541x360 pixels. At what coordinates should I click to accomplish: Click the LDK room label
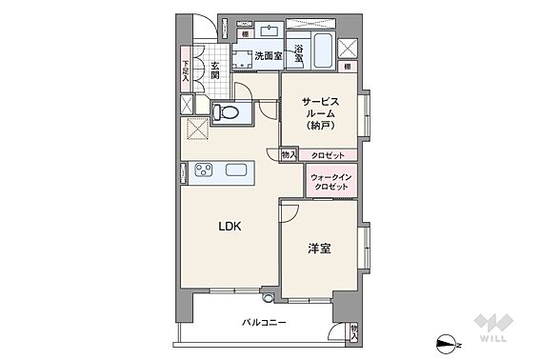(230, 226)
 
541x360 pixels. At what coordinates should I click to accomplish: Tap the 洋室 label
(319, 249)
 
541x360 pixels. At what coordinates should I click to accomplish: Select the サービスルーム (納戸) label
(321, 113)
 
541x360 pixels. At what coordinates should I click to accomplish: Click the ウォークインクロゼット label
(331, 182)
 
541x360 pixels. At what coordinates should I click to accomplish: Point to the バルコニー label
(264, 323)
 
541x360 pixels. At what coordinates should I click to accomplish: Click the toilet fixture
(226, 111)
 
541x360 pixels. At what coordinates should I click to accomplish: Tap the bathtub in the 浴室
(323, 50)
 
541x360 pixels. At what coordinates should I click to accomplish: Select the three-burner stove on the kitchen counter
(204, 170)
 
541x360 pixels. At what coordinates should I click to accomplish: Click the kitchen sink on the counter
(236, 170)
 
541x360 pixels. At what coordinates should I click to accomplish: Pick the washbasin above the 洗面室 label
(270, 31)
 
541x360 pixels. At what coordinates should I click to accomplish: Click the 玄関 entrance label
(215, 70)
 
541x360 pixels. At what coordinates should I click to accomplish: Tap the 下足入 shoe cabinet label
(186, 71)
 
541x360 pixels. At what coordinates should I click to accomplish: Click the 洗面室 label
(269, 55)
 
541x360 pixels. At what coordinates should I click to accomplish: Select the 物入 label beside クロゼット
(289, 155)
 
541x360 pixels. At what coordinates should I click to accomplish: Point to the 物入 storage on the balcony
(354, 333)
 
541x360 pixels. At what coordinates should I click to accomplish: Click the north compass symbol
(449, 344)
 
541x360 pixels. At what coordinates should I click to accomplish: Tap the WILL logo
(493, 328)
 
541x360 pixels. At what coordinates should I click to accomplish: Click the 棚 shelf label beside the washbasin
(245, 34)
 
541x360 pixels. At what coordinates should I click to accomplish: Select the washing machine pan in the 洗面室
(243, 59)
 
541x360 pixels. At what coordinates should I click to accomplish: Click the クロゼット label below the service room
(328, 155)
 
